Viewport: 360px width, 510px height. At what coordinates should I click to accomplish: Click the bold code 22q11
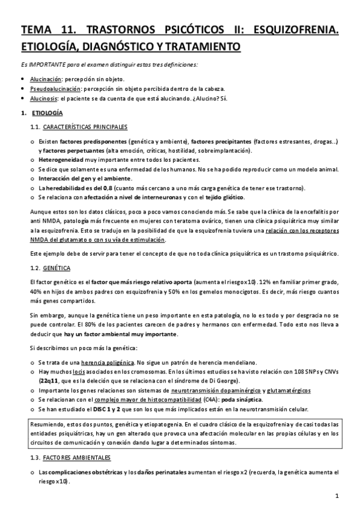[50, 381]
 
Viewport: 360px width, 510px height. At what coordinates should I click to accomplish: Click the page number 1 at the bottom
[338, 496]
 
